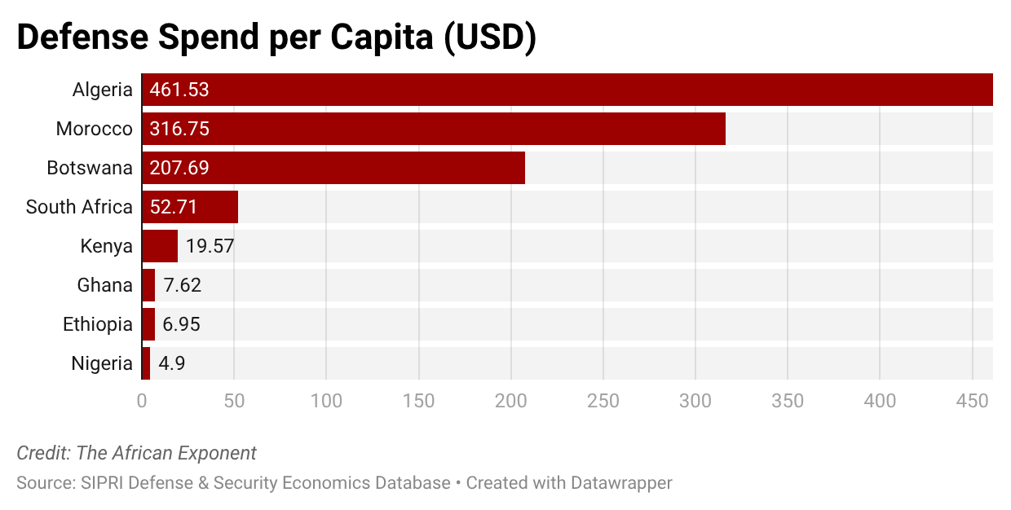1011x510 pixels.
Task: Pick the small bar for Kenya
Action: (160, 246)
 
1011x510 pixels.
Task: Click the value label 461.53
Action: (179, 90)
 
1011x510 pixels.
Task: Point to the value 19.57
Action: (210, 246)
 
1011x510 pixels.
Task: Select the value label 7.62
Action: (182, 285)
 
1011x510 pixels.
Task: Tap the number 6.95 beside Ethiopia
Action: (181, 324)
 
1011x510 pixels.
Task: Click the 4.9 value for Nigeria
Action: (172, 363)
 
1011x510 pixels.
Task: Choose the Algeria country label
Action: (102, 90)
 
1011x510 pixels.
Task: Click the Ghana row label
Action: (104, 285)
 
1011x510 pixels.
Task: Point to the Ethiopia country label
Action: (97, 324)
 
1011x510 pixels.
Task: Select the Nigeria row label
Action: (101, 363)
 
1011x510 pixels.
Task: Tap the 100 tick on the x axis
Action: (326, 401)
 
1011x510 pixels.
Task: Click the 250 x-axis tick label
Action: (603, 401)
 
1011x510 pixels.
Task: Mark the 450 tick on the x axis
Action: (973, 401)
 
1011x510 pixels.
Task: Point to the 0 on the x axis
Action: (142, 401)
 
